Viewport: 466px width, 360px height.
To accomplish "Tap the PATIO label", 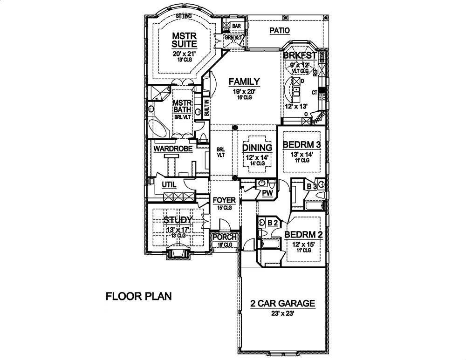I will [x=280, y=31].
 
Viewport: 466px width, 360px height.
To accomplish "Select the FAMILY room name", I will [x=244, y=82].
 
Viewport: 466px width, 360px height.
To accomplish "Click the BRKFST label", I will [x=300, y=55].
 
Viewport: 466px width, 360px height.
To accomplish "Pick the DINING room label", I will [x=255, y=148].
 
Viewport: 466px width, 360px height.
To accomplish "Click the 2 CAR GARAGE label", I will [x=282, y=304].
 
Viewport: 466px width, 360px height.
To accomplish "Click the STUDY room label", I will [x=176, y=219].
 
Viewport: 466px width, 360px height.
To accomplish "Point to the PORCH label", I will [x=225, y=237].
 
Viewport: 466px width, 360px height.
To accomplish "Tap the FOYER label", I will [x=224, y=200].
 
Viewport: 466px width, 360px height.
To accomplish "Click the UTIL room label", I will [x=169, y=185].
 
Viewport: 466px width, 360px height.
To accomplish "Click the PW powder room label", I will [x=267, y=192].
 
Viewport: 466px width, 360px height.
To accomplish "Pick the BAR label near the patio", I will [x=236, y=26].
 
